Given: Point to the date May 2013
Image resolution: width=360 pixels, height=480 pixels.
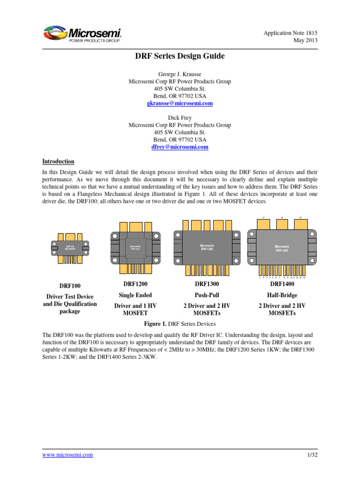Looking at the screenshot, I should pyautogui.click(x=306, y=40).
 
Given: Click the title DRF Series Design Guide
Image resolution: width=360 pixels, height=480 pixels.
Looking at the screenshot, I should pyautogui.click(x=180, y=56).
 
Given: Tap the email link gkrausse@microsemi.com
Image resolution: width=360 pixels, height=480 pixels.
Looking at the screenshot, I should pyautogui.click(x=180, y=103).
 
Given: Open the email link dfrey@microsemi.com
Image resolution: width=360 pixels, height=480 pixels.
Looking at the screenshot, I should pyautogui.click(x=180, y=147).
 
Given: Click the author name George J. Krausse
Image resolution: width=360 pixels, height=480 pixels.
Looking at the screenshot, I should pyautogui.click(x=180, y=74).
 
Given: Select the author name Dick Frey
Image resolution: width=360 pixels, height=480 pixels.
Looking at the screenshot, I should pyautogui.click(x=180, y=118).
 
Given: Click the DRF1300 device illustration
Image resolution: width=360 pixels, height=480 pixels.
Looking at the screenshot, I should pyautogui.click(x=207, y=246).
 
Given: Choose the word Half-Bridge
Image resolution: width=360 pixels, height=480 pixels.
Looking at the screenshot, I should pyautogui.click(x=282, y=295).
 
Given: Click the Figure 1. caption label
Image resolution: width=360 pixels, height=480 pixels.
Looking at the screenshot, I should pyautogui.click(x=155, y=324).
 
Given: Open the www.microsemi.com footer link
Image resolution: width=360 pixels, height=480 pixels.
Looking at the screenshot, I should pyautogui.click(x=67, y=455).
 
